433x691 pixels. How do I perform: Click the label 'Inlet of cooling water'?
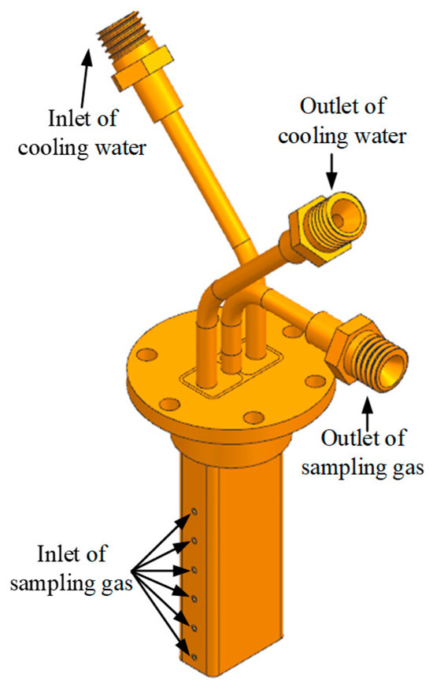click(82, 133)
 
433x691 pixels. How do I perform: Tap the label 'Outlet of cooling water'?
click(342, 121)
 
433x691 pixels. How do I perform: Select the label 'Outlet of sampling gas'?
click(363, 453)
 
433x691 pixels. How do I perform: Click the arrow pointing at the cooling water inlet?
click(86, 78)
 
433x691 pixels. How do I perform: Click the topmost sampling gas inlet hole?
click(194, 512)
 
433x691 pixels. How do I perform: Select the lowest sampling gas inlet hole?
click(194, 656)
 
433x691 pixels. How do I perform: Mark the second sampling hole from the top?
click(194, 541)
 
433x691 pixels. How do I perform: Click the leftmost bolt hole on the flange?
click(147, 355)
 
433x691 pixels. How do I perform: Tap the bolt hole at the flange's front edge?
click(254, 417)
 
